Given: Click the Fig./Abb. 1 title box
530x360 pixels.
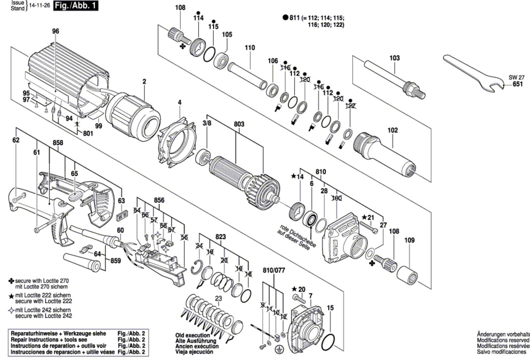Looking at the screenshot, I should pos(76,6).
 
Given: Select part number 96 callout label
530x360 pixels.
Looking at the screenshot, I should pos(55,31).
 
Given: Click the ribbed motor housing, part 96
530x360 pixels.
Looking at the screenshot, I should pos(66,76).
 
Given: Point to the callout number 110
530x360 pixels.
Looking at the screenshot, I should pos(250,48).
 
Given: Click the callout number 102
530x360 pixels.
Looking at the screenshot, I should pos(393,130).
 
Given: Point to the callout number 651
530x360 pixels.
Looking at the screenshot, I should pos(517,84).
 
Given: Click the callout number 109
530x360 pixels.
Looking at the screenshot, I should pos(409,240).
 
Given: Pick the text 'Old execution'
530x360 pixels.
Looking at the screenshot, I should pos(192,335).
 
